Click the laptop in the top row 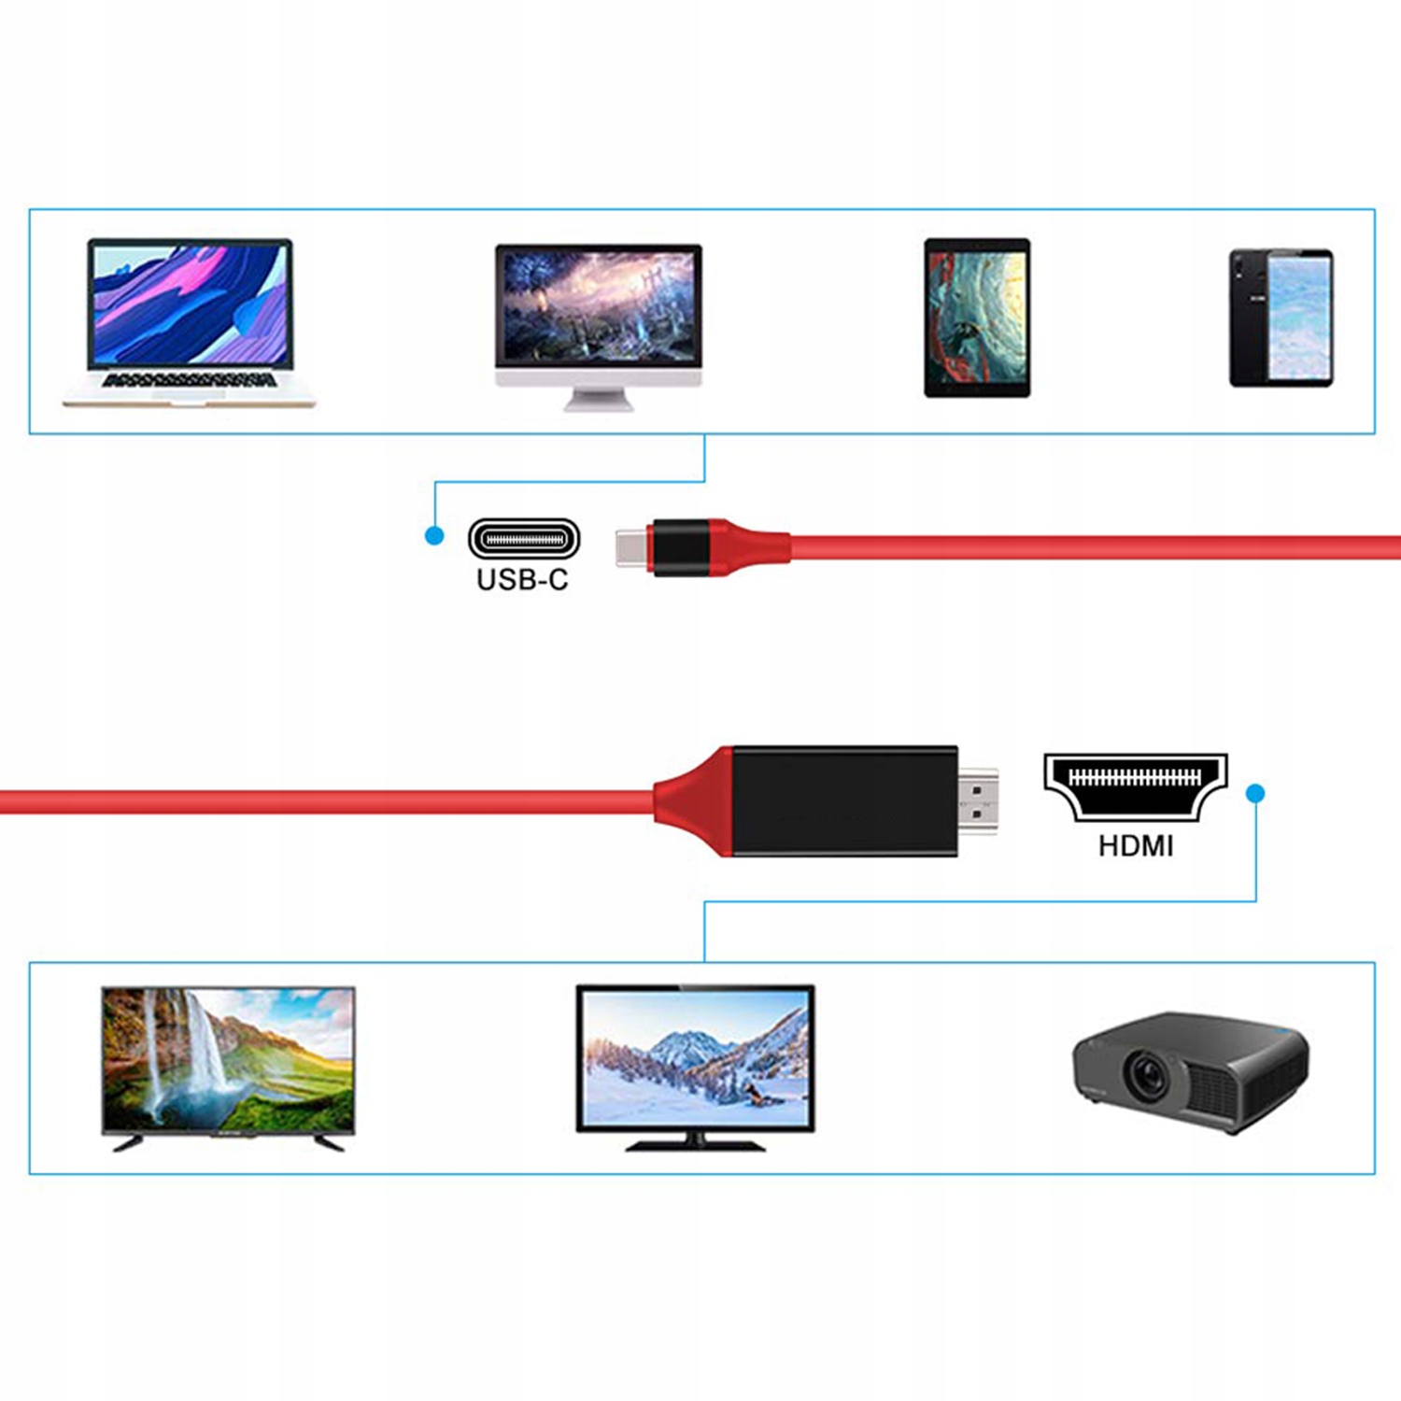coord(190,322)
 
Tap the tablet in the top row coord(977,318)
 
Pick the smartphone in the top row coord(1281,318)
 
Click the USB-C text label coord(522,580)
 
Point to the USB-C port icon coord(524,539)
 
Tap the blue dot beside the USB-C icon coord(434,536)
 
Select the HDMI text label coord(1135,846)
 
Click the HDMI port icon coord(1135,783)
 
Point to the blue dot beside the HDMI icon coord(1255,793)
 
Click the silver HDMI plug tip coord(978,801)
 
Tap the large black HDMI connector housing coord(844,800)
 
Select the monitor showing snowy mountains coord(695,1060)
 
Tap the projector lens coord(1144,1075)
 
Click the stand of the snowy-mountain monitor coord(695,1141)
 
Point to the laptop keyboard coord(190,381)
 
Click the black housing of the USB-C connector coord(681,547)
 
